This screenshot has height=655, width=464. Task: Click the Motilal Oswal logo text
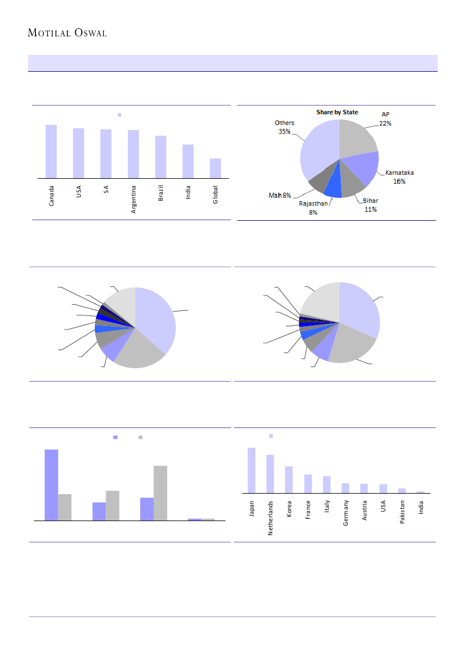tap(67, 32)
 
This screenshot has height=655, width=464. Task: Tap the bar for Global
tap(215, 168)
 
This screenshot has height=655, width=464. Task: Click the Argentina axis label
tap(134, 199)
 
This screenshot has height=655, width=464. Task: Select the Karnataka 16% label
tap(399, 177)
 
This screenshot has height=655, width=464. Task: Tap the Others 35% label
tap(284, 127)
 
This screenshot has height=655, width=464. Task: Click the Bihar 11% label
tap(371, 205)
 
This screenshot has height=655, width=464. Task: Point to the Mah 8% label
tap(279, 196)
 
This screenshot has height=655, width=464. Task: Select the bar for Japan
tap(251, 470)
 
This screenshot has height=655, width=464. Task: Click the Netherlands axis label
tap(270, 518)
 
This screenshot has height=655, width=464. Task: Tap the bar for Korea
tap(289, 480)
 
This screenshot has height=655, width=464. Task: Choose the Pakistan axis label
tap(402, 512)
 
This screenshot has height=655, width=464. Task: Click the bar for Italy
tap(327, 485)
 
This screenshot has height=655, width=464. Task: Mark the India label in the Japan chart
tap(421, 507)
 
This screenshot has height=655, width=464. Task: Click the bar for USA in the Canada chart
tap(79, 153)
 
